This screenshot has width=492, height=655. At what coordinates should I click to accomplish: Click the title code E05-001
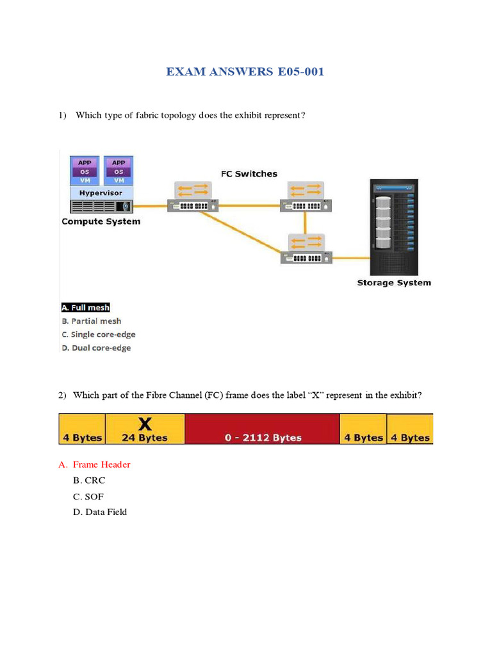(300, 72)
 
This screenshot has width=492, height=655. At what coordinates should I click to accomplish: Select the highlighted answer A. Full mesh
(86, 308)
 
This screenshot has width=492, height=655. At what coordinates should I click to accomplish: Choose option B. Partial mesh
(91, 321)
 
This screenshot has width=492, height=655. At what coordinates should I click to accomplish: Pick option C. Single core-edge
(99, 335)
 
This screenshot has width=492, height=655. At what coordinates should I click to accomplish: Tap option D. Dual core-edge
(96, 348)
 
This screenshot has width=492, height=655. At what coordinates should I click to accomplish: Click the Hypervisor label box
(101, 193)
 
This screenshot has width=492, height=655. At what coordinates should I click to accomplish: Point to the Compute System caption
(101, 222)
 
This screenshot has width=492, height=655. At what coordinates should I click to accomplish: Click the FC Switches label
(249, 174)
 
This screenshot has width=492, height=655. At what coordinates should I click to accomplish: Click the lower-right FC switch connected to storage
(306, 250)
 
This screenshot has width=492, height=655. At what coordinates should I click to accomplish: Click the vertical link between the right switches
(306, 222)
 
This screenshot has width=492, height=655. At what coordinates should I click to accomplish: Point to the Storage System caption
(393, 283)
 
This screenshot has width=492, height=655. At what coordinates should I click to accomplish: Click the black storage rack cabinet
(392, 226)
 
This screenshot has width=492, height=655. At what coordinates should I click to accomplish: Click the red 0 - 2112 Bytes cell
(263, 429)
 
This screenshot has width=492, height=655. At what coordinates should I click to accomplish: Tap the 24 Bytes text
(145, 438)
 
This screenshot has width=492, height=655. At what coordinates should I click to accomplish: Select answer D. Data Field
(100, 512)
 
